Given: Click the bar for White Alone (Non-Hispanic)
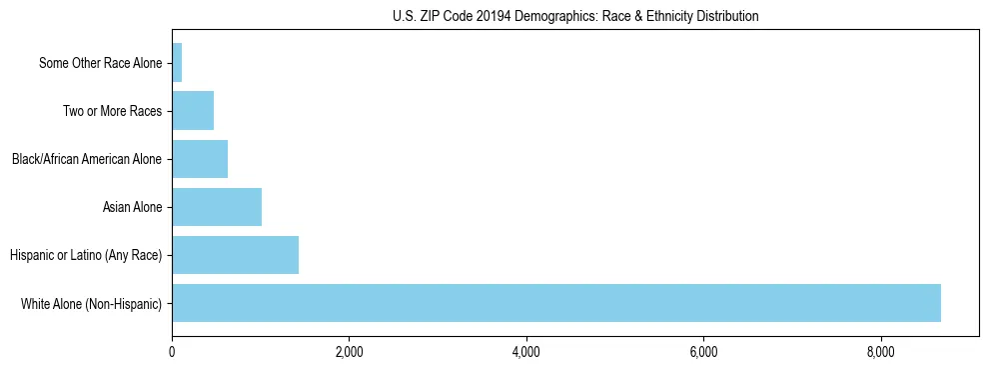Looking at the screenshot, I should pyautogui.click(x=555, y=303).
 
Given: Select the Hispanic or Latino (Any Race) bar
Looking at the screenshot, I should pyautogui.click(x=235, y=255).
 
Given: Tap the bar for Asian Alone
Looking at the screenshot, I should pyautogui.click(x=217, y=207).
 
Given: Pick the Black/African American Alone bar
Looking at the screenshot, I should pyautogui.click(x=200, y=159).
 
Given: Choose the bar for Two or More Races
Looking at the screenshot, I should pyautogui.click(x=193, y=111).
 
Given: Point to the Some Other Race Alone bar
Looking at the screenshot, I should pyautogui.click(x=177, y=63).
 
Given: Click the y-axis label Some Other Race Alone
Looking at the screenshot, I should pyautogui.click(x=100, y=63).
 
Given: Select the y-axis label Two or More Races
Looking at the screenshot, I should pyautogui.click(x=112, y=111).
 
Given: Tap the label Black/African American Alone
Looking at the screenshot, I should pyautogui.click(x=87, y=159).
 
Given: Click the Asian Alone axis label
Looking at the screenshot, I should pyautogui.click(x=132, y=207).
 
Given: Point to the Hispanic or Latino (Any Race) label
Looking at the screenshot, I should pyautogui.click(x=86, y=255).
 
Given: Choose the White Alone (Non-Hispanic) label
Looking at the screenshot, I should pyautogui.click(x=91, y=303).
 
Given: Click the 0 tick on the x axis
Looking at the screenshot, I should pyautogui.click(x=172, y=351).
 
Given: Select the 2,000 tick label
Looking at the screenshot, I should pyautogui.click(x=349, y=351).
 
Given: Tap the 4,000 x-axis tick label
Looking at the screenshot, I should pyautogui.click(x=526, y=351).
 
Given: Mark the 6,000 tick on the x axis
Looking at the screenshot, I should pyautogui.click(x=703, y=351).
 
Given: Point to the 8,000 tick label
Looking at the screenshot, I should pyautogui.click(x=881, y=351).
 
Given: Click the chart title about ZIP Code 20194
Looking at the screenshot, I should pyautogui.click(x=575, y=16).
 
